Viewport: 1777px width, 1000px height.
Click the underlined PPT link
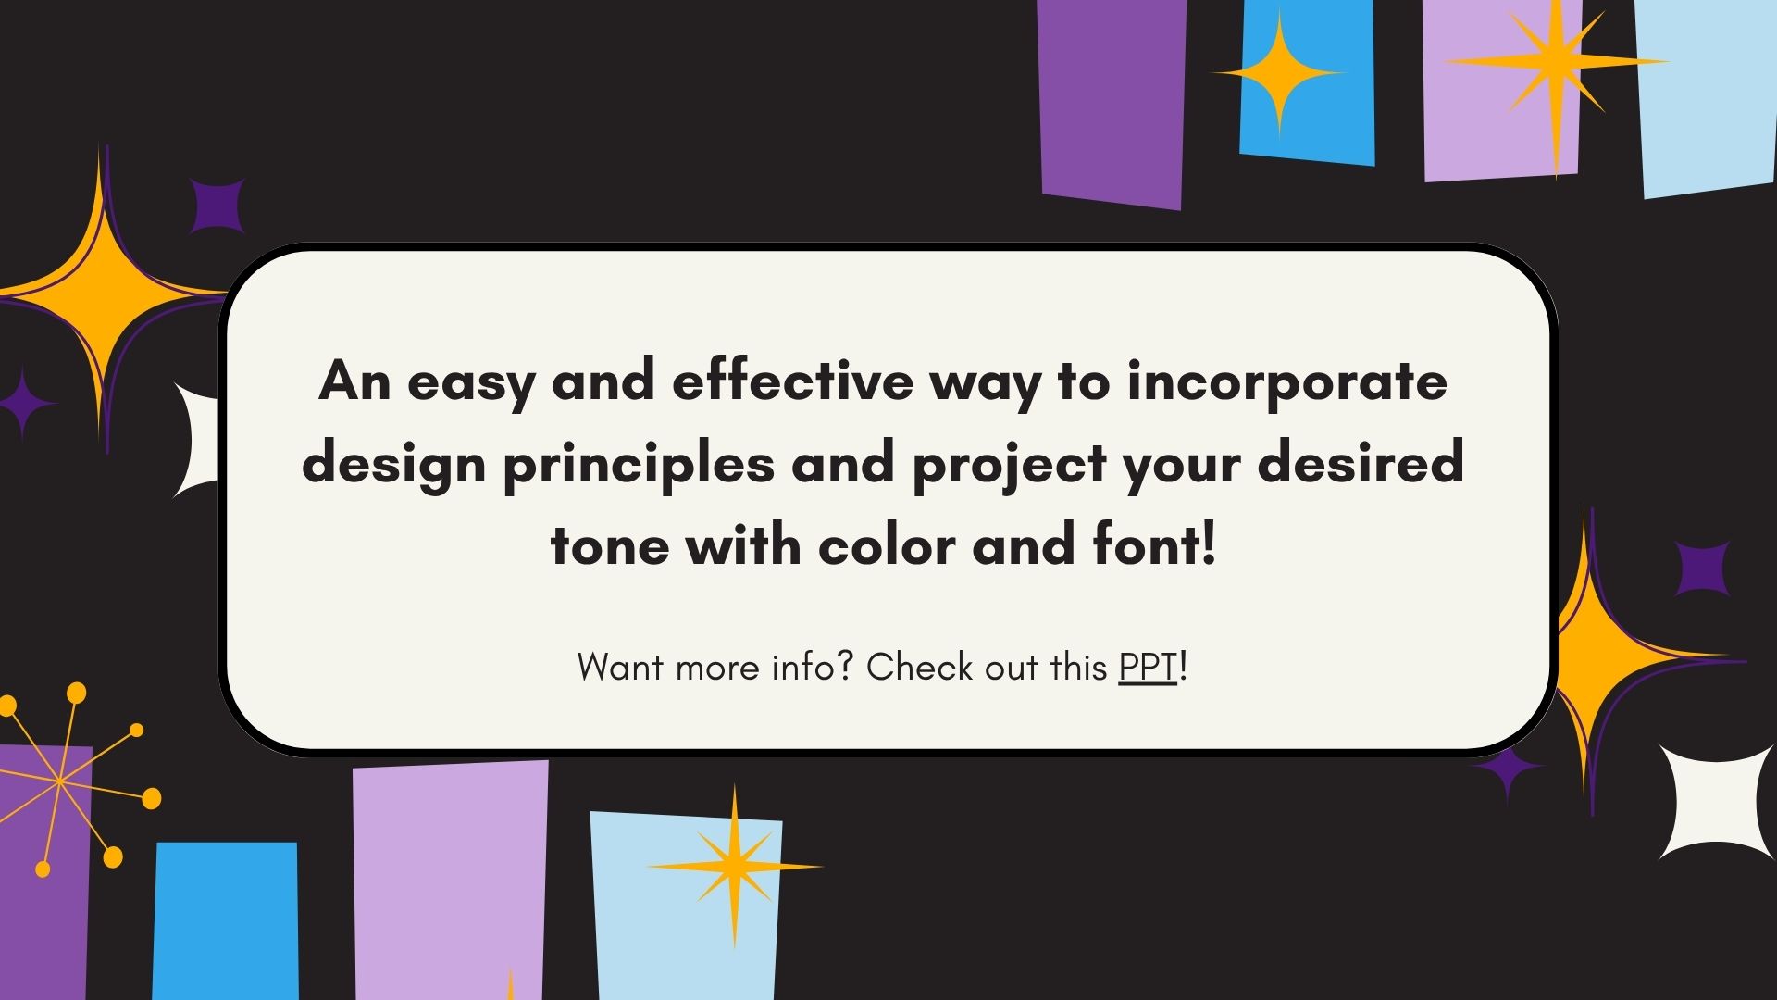[x=1148, y=667]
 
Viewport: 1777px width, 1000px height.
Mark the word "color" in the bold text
[x=888, y=544]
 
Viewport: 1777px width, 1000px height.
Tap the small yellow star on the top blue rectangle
[x=1279, y=73]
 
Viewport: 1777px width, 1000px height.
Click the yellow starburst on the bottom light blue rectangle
[x=735, y=867]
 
